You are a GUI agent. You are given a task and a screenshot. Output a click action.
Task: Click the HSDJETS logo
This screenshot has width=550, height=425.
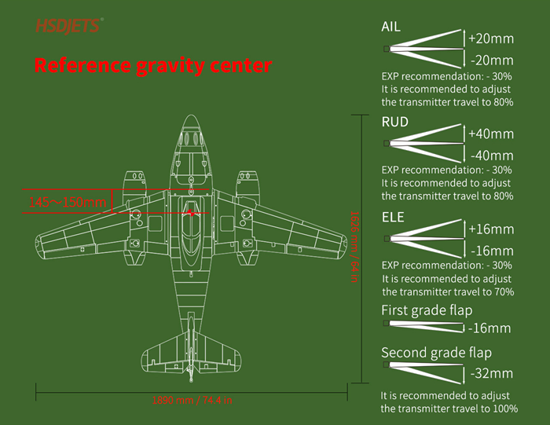click(x=68, y=26)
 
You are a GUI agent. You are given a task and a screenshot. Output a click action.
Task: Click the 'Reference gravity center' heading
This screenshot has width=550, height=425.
click(x=153, y=65)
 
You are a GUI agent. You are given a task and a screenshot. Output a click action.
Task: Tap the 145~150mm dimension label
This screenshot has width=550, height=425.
click(x=67, y=203)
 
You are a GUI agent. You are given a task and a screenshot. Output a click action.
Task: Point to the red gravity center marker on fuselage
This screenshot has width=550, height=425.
click(x=191, y=211)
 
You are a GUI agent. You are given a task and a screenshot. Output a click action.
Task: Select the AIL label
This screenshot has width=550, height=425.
click(x=390, y=27)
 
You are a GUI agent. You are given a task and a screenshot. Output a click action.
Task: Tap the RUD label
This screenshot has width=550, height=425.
click(x=394, y=122)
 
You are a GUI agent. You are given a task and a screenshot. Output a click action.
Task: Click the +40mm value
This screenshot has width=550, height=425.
click(x=491, y=133)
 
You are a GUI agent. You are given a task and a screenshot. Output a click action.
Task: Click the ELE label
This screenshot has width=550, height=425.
click(x=393, y=217)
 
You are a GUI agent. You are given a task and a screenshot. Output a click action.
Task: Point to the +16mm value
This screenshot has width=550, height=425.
click(x=491, y=229)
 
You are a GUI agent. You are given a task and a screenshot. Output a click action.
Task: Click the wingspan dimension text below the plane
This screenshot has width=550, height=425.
click(x=192, y=400)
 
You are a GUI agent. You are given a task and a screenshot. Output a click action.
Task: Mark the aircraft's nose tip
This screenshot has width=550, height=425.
click(x=191, y=116)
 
